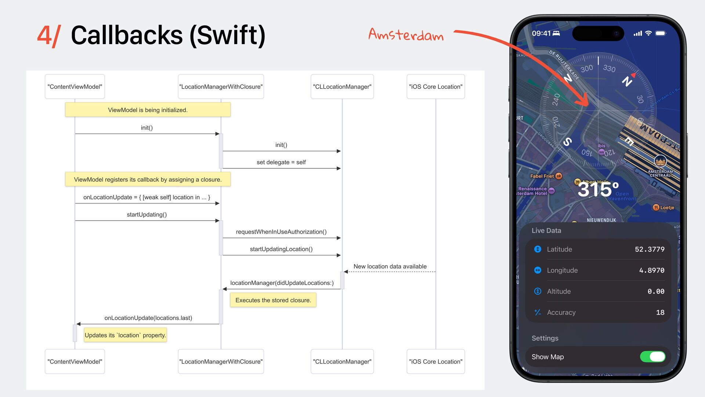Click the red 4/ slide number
pyautogui.click(x=48, y=36)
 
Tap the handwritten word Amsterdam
pyautogui.click(x=406, y=35)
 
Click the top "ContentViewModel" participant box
pyautogui.click(x=75, y=87)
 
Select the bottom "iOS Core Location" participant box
pyautogui.click(x=435, y=362)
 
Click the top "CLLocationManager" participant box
pyautogui.click(x=342, y=87)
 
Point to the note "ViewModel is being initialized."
pyautogui.click(x=148, y=110)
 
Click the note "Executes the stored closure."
pyautogui.click(x=273, y=300)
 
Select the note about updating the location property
pyautogui.click(x=125, y=335)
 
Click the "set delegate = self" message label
pyautogui.click(x=281, y=162)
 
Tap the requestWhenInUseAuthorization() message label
pyautogui.click(x=281, y=232)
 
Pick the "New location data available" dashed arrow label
pyautogui.click(x=390, y=267)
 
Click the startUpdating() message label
pyautogui.click(x=147, y=215)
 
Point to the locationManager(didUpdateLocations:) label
pyautogui.click(x=282, y=283)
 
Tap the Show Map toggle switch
pyautogui.click(x=652, y=357)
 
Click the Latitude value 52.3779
pyautogui.click(x=649, y=250)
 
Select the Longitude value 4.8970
pyautogui.click(x=651, y=271)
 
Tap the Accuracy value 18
pyautogui.click(x=660, y=312)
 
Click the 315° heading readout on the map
pyautogui.click(x=598, y=190)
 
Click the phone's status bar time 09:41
pyautogui.click(x=541, y=33)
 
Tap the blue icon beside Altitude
pyautogui.click(x=538, y=292)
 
